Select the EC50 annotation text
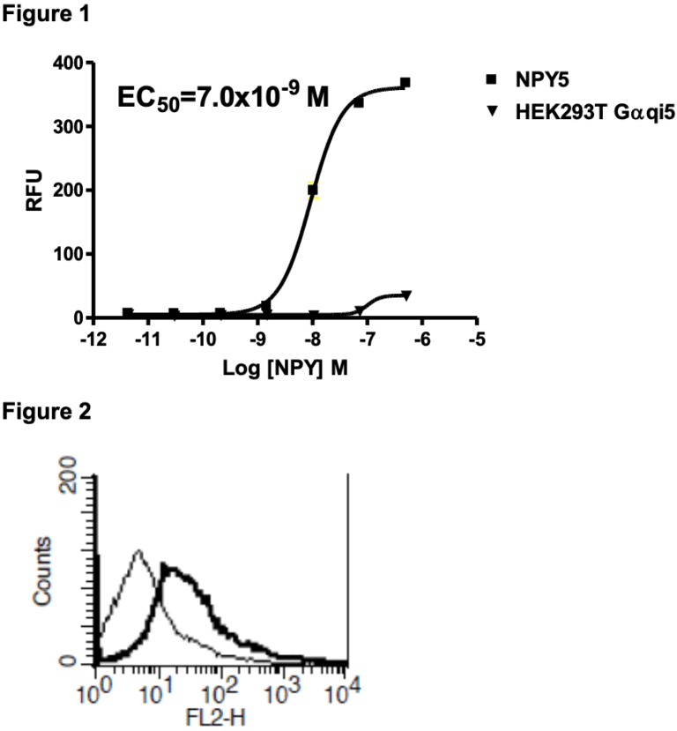[x=223, y=95]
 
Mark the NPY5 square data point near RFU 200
[x=312, y=190]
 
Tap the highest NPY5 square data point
[x=405, y=83]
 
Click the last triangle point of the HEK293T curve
[x=405, y=295]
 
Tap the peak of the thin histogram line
[x=138, y=552]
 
